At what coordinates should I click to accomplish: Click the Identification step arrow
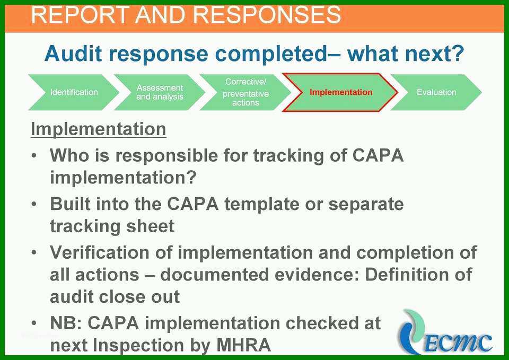(x=74, y=92)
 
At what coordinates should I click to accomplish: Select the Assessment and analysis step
(x=160, y=92)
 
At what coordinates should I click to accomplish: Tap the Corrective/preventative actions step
(x=245, y=92)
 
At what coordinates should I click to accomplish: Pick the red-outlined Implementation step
(x=340, y=92)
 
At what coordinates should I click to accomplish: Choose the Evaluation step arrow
(x=436, y=92)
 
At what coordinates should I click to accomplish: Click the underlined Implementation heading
(x=99, y=129)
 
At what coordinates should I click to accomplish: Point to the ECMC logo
(x=445, y=332)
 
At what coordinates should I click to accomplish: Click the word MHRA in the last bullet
(x=243, y=345)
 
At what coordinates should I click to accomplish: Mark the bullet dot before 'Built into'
(x=34, y=204)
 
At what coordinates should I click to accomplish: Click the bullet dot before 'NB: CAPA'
(x=34, y=323)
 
